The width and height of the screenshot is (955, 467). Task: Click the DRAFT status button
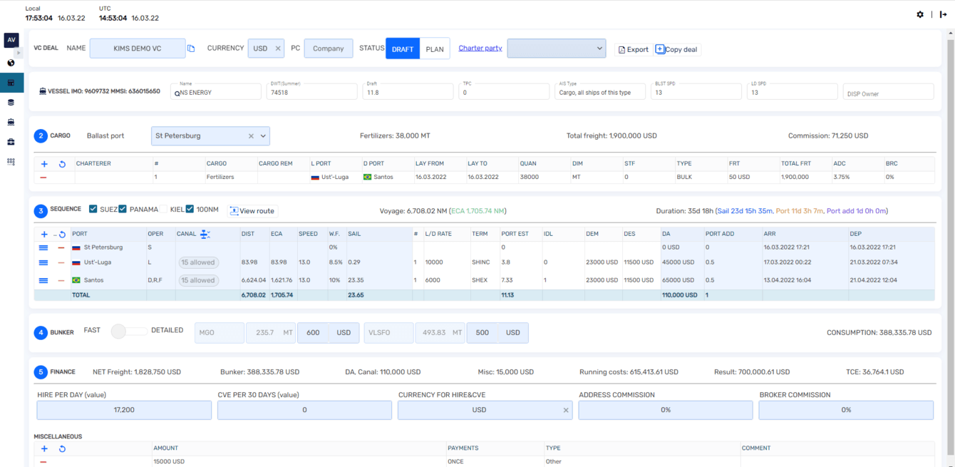(403, 49)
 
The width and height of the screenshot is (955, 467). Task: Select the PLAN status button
(435, 49)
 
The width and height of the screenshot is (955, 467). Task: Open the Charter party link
(480, 48)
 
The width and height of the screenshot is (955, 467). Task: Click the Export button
(633, 49)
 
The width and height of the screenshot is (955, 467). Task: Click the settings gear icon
(920, 14)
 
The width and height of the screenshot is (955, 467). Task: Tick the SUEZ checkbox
(93, 209)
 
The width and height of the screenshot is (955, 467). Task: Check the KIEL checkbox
(163, 209)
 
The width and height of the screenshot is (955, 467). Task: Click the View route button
(252, 211)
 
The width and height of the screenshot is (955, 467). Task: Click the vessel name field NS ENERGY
(216, 92)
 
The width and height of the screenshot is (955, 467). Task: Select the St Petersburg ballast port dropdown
(210, 136)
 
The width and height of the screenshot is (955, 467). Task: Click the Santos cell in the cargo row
(383, 177)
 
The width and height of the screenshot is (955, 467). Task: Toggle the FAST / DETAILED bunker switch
(128, 331)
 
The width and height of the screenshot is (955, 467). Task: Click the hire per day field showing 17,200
(124, 410)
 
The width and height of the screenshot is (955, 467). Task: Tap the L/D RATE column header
(439, 234)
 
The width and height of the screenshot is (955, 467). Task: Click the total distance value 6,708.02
(253, 295)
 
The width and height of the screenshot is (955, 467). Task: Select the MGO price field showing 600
(313, 333)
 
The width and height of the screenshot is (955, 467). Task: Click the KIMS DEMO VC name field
(138, 48)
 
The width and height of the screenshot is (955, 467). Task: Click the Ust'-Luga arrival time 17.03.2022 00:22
(788, 262)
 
